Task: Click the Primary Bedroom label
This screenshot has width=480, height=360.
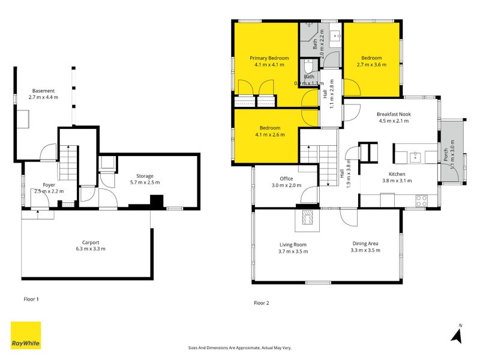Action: [269, 58]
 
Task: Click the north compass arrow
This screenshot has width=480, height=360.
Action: [458, 334]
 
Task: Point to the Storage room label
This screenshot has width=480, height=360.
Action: [145, 176]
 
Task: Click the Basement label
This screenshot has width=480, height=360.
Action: [43, 91]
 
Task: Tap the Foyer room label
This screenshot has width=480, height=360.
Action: [49, 185]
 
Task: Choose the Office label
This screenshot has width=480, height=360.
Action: [286, 178]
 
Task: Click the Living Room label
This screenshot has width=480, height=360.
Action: [293, 244]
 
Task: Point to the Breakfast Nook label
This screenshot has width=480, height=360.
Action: [393, 114]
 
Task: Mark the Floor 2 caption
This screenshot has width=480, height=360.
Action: [262, 303]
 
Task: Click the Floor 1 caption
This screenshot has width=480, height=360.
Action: [31, 298]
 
